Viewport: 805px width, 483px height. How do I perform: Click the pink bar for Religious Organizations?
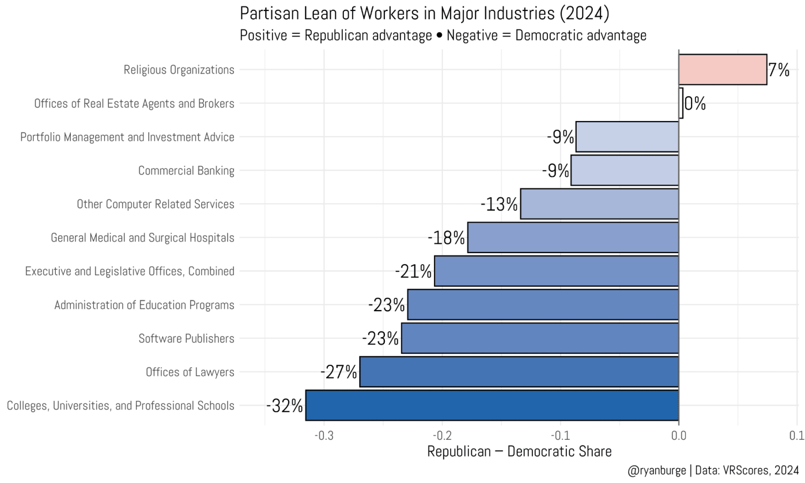[x=722, y=70]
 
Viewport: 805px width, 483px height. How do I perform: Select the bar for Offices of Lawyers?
[x=519, y=372]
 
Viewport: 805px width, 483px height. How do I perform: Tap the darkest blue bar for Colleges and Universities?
[x=492, y=406]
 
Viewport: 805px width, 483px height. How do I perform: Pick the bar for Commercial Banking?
[x=624, y=170]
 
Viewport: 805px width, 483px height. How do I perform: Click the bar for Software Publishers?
[x=540, y=338]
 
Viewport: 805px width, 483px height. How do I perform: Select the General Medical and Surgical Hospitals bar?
[x=573, y=238]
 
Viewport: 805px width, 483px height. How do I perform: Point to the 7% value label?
[x=778, y=70]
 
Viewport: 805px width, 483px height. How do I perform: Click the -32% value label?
[x=285, y=406]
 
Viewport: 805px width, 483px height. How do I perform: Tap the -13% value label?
[x=499, y=204]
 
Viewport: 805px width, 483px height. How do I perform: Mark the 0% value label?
[x=695, y=104]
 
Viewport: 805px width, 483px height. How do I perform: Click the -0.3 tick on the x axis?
[x=323, y=436]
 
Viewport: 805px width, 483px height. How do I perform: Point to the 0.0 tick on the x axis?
[x=678, y=436]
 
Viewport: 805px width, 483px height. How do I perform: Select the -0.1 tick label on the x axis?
[x=560, y=436]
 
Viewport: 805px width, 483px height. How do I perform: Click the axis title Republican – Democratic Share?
[x=519, y=452]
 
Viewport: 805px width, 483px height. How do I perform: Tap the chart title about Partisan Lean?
[x=424, y=13]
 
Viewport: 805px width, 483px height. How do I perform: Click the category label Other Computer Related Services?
[x=155, y=204]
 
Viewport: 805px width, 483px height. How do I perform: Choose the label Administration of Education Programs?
[x=144, y=305]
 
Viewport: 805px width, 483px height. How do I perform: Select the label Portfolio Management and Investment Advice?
[x=127, y=137]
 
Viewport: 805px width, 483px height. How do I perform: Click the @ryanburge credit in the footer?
[x=656, y=470]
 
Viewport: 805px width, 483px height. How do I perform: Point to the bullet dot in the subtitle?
[x=439, y=36]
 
